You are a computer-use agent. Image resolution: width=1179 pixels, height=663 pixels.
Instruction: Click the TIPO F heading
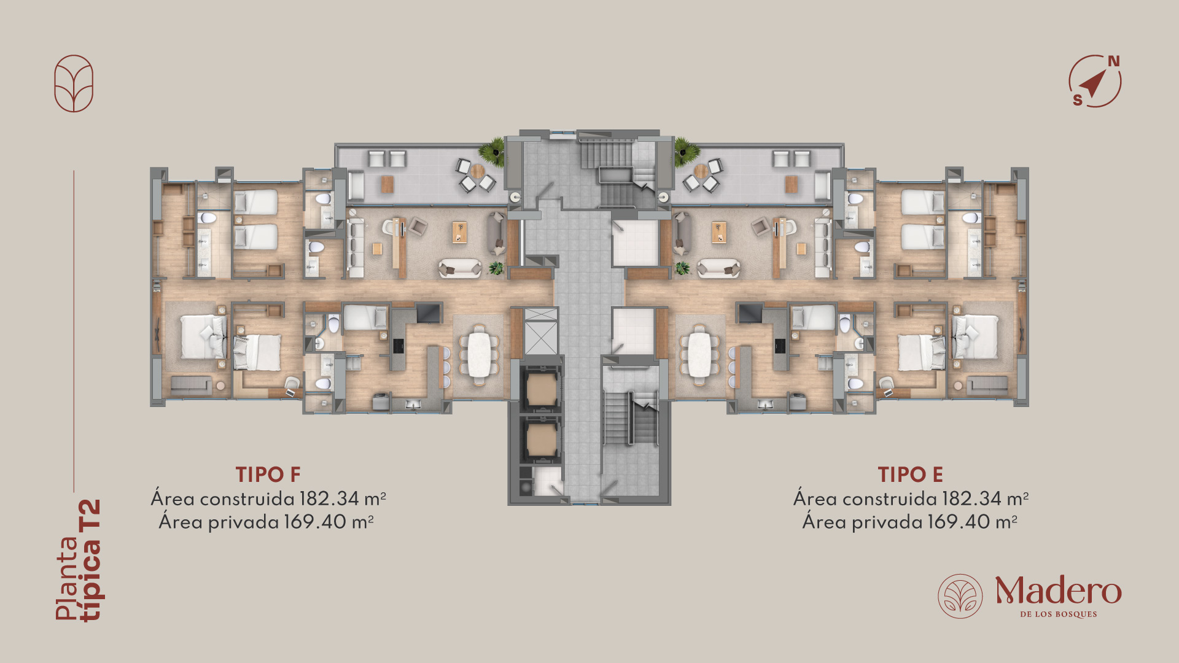(x=268, y=475)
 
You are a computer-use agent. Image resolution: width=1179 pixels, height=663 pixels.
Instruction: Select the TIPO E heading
(x=910, y=475)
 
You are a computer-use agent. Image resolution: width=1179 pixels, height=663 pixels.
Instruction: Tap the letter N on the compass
(x=1113, y=61)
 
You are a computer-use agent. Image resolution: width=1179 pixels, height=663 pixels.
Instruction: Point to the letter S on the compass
(x=1078, y=100)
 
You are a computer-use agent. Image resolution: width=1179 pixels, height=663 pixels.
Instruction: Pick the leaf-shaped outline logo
(x=74, y=83)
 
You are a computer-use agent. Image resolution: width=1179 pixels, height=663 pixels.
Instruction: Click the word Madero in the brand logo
(x=1058, y=591)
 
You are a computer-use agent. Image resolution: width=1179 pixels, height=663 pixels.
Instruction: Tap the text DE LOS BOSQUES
(x=1059, y=614)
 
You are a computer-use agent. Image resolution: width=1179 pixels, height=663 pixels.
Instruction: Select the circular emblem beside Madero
(x=960, y=596)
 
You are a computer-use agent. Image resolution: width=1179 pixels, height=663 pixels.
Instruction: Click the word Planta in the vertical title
(x=68, y=578)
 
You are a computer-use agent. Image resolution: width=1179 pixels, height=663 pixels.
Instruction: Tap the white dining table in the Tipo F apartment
(x=479, y=355)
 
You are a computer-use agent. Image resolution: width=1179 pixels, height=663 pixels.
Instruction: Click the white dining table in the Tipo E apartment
(x=699, y=355)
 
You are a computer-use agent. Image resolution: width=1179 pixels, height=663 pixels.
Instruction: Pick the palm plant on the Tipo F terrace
(x=492, y=152)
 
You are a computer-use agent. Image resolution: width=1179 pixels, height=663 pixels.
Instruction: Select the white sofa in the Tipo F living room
(x=460, y=268)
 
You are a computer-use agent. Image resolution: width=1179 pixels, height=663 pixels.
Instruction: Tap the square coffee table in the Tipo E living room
(x=719, y=231)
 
